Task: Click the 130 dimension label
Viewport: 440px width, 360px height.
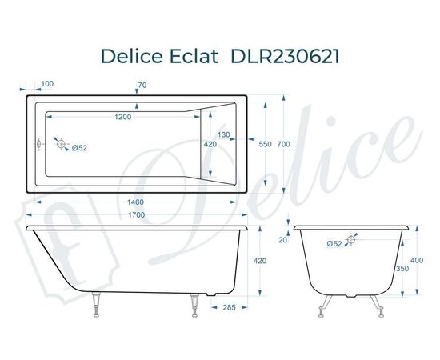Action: [223, 134]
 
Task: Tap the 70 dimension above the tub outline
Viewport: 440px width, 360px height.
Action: [142, 84]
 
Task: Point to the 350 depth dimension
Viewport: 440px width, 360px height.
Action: [402, 270]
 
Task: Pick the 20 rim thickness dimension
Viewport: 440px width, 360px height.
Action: [282, 239]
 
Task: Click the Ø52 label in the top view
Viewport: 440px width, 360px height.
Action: [79, 148]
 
